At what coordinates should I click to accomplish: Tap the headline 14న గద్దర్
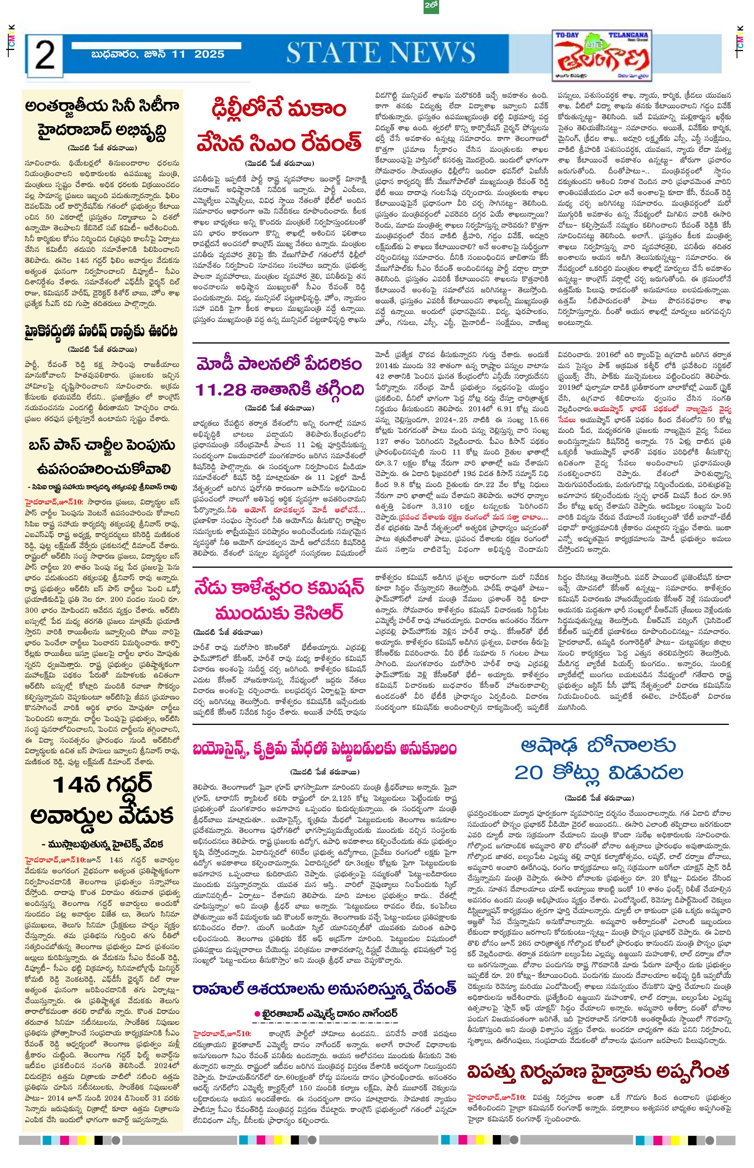pos(103,784)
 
